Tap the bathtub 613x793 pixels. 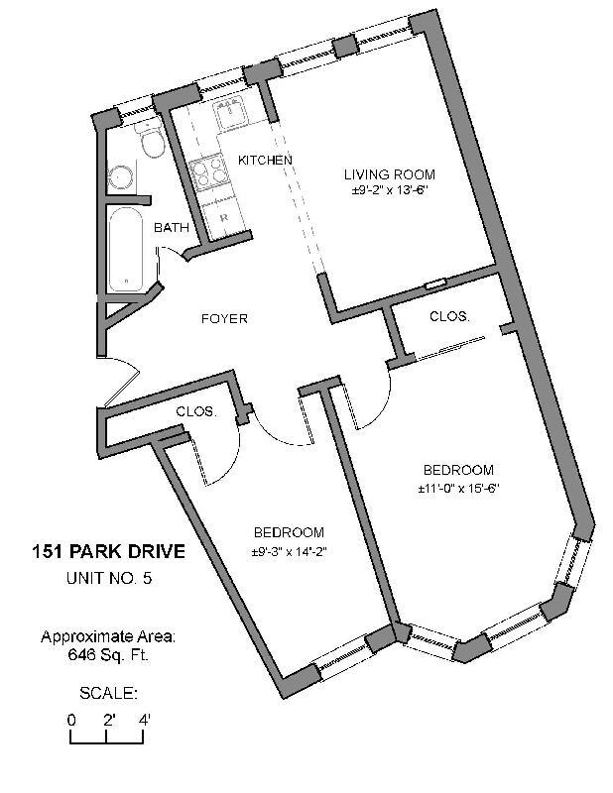tap(125, 248)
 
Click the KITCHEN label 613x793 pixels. tap(265, 161)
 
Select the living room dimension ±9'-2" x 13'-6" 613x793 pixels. tap(389, 190)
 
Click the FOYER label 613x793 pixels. tap(224, 319)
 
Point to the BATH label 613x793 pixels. tap(171, 228)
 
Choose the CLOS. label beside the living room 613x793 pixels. tap(449, 317)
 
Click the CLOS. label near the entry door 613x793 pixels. tap(196, 411)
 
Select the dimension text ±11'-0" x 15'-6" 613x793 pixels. tap(457, 488)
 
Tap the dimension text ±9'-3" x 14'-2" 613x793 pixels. tap(289, 551)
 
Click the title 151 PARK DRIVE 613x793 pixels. tap(108, 552)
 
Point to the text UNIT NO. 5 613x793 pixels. tap(108, 579)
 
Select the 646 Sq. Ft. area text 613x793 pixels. tap(108, 654)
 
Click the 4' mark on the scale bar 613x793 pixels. tap(145, 721)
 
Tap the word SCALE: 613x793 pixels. tap(108, 692)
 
